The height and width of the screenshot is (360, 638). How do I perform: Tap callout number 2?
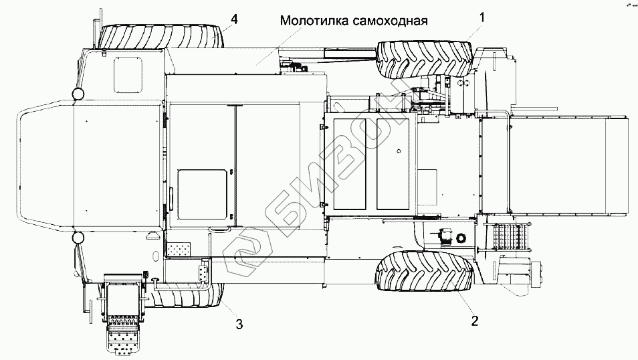click(475, 321)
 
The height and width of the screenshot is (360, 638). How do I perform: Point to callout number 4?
click(234, 19)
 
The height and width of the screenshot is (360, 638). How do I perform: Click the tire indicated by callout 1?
click(425, 59)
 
